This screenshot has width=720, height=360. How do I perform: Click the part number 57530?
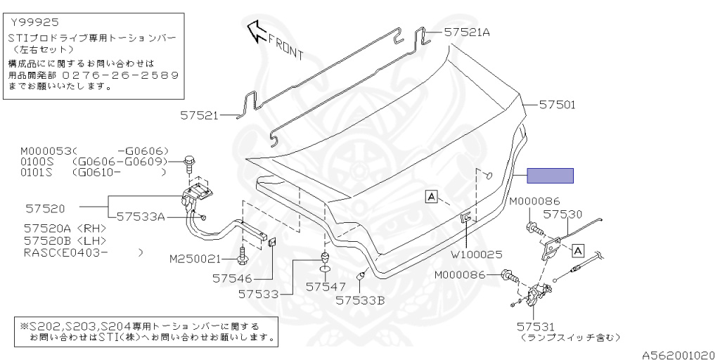562,213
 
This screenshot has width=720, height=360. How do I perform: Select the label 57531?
536,326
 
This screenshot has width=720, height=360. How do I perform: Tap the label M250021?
195,259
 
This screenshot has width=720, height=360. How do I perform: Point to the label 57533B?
360,300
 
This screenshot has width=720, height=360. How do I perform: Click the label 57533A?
141,217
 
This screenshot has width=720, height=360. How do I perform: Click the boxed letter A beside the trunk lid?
431,196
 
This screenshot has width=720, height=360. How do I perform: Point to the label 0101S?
36,172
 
